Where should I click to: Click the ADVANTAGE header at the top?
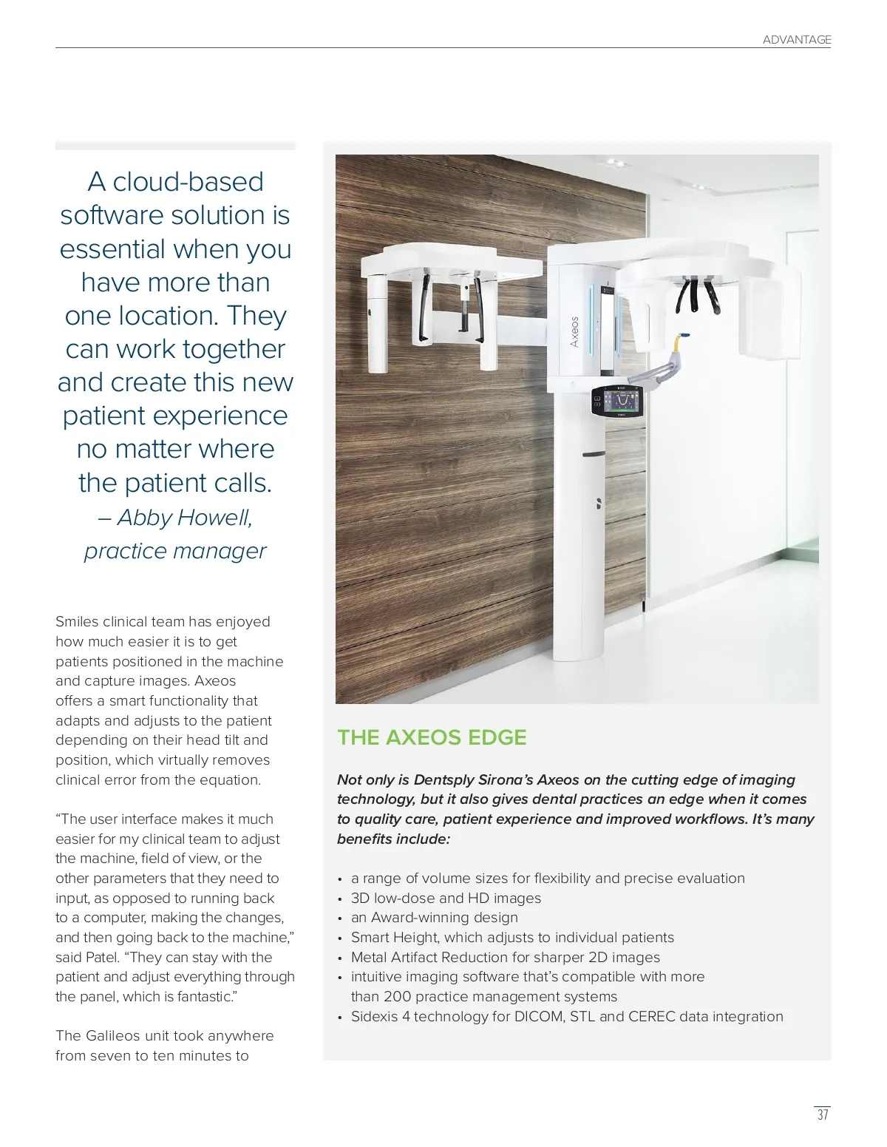tap(796, 40)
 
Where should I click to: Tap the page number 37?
tap(822, 1114)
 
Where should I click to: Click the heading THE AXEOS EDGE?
tap(432, 737)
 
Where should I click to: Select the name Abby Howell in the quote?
tap(185, 518)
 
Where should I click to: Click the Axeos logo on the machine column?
tap(574, 332)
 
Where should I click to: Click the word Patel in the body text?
tap(101, 957)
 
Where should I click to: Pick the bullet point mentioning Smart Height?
tap(512, 937)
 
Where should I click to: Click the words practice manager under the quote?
tap(175, 551)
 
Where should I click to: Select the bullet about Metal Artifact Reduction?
tap(506, 957)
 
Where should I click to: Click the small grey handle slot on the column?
tap(594, 453)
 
